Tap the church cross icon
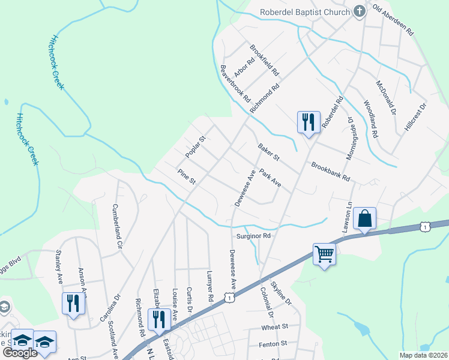(x=360, y=11)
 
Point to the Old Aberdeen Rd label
(x=394, y=20)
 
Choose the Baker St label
(x=269, y=152)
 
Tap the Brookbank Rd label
(x=330, y=172)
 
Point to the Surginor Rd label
(x=254, y=236)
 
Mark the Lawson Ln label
(x=348, y=215)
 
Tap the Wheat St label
(x=275, y=328)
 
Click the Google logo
(x=20, y=353)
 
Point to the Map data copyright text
(x=423, y=355)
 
